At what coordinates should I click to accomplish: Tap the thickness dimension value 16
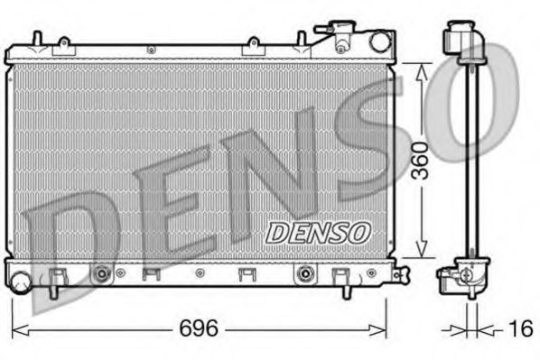click(x=519, y=328)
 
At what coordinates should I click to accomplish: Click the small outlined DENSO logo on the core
click(x=318, y=233)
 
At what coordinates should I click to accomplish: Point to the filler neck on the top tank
click(x=343, y=36)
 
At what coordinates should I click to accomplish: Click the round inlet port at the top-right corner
click(x=379, y=41)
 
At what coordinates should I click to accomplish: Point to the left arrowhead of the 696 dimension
click(x=16, y=328)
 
